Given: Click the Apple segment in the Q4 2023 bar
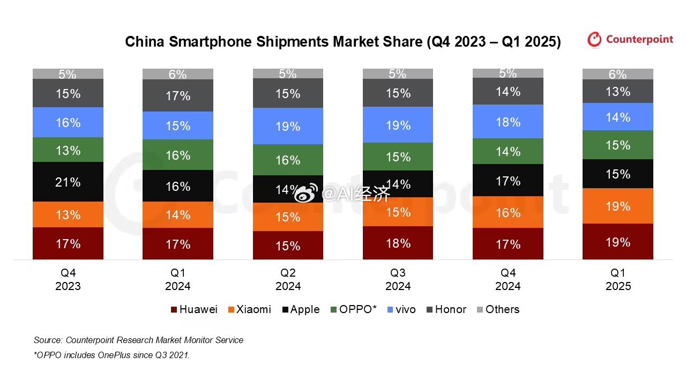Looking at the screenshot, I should click(68, 182).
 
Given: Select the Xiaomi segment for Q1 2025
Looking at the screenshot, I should click(617, 206).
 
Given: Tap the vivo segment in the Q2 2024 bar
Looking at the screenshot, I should click(288, 126).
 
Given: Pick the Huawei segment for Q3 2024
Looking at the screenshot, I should click(398, 243).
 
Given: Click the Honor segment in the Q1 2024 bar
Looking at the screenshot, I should click(178, 95).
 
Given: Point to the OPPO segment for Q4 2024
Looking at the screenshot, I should click(508, 152).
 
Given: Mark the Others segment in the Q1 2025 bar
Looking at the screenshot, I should click(617, 74).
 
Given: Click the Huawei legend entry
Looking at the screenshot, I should click(194, 309).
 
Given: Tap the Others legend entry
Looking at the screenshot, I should click(498, 309).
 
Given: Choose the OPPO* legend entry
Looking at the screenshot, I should click(353, 309).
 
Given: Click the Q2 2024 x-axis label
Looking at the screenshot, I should click(288, 279).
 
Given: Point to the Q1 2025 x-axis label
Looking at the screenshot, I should click(618, 279).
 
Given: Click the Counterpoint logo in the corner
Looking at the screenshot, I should click(630, 39).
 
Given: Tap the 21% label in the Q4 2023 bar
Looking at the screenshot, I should click(68, 182).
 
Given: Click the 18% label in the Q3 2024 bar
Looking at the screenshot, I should click(398, 243).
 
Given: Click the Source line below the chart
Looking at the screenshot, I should click(138, 340).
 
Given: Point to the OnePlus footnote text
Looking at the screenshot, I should click(112, 355).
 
